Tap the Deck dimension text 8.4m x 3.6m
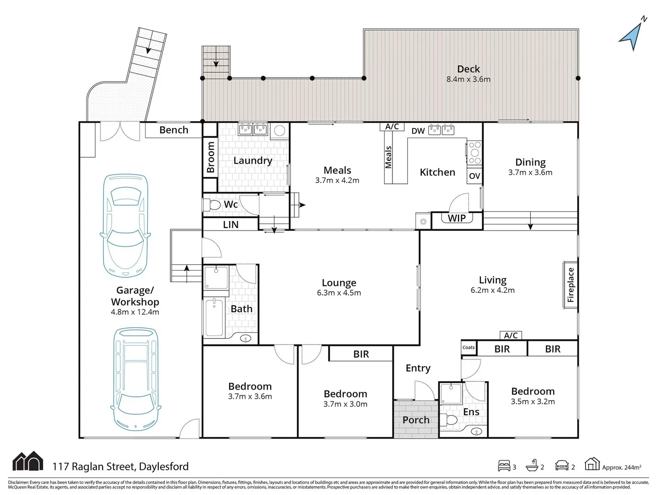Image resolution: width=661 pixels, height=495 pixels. tap(468, 79)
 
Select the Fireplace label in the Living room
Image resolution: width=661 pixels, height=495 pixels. tap(571, 285)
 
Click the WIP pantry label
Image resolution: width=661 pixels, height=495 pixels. tap(457, 218)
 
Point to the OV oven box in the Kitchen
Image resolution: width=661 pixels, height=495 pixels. tap(475, 176)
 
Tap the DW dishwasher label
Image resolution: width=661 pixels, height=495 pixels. tap(418, 131)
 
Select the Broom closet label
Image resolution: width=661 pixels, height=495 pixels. tap(211, 157)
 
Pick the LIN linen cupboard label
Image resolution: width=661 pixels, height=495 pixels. tap(230, 225)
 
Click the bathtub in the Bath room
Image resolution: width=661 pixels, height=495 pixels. tap(214, 318)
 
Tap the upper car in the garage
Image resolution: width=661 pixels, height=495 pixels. tap(125, 225)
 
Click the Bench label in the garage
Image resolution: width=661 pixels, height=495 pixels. tap(174, 130)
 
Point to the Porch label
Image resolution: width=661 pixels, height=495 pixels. tap(416, 420)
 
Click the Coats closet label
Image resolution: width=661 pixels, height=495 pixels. tap(469, 347)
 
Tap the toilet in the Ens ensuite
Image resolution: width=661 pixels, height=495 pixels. tap(448, 420)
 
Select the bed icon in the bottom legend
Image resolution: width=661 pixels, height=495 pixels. tap(504, 466)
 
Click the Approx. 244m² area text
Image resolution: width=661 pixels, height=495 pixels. tap(622, 467)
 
